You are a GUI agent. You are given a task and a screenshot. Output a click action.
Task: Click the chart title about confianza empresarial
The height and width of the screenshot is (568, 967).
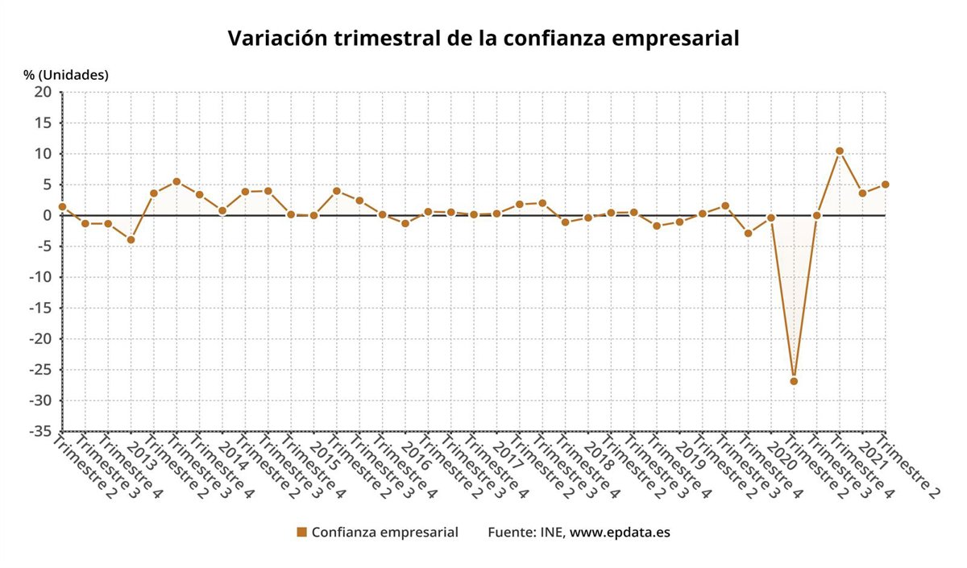[483, 39]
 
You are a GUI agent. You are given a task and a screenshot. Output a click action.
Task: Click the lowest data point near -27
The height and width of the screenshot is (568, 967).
[794, 381]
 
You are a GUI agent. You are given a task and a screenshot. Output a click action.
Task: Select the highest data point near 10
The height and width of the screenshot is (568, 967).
[840, 151]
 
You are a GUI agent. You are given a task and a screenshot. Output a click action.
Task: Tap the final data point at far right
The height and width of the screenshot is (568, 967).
[885, 184]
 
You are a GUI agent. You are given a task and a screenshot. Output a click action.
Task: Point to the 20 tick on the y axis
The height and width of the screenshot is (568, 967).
[43, 93]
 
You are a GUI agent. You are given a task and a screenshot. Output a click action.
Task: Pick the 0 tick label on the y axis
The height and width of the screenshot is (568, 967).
[47, 215]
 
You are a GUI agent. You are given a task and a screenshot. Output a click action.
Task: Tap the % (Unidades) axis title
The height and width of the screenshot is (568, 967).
[65, 75]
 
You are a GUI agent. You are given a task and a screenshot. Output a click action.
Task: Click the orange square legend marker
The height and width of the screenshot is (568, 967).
[301, 532]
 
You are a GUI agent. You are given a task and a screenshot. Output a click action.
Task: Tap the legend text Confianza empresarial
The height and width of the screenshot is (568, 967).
[384, 532]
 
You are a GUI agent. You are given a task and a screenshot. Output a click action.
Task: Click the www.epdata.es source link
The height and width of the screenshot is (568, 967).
[620, 532]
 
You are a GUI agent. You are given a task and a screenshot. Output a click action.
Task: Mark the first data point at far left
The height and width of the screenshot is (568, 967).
[62, 207]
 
